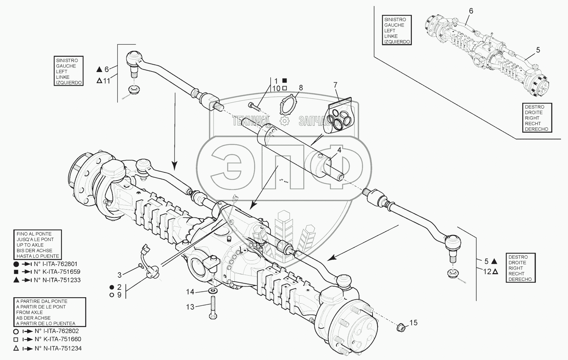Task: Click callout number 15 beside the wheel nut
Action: click(413, 323)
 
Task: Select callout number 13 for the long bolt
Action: click(191, 307)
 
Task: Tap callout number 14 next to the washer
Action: click(191, 292)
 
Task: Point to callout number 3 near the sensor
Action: click(120, 275)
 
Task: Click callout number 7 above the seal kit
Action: click(335, 85)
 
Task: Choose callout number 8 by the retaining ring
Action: click(301, 88)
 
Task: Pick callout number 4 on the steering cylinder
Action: click(339, 150)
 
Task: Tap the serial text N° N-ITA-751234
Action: click(58, 348)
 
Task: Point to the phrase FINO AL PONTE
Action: click(34, 234)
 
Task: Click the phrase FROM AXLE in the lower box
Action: click(29, 312)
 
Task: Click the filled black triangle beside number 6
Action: click(99, 69)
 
